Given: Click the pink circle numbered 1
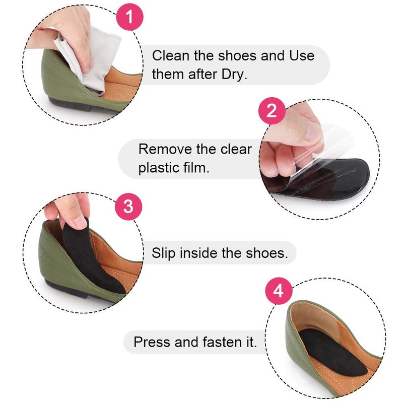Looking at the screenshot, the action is [129, 17].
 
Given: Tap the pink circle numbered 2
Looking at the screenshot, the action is [272, 111].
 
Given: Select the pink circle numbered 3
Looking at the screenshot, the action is [128, 207].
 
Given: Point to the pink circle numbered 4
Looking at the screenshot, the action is [279, 292].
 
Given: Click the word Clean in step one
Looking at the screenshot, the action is [171, 55].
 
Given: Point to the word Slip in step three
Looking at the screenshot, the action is [163, 253].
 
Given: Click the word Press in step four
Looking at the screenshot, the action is [152, 342].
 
